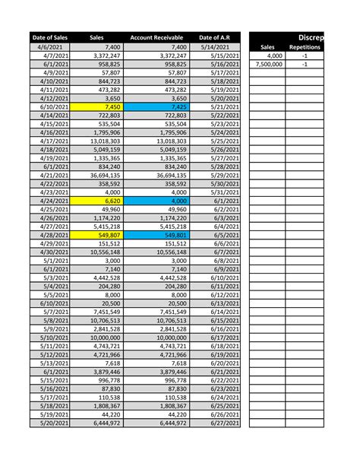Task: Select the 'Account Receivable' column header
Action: (154, 37)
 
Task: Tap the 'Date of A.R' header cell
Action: (214, 37)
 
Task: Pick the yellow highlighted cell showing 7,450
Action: (96, 106)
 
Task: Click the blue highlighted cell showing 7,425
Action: (154, 106)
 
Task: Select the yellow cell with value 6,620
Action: (96, 201)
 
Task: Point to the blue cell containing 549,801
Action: (154, 236)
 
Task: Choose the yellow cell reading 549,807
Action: (96, 236)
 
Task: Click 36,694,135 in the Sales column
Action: (96, 175)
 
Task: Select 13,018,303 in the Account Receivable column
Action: (154, 141)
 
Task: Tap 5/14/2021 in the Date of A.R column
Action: (214, 47)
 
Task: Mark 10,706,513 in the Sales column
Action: (96, 321)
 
